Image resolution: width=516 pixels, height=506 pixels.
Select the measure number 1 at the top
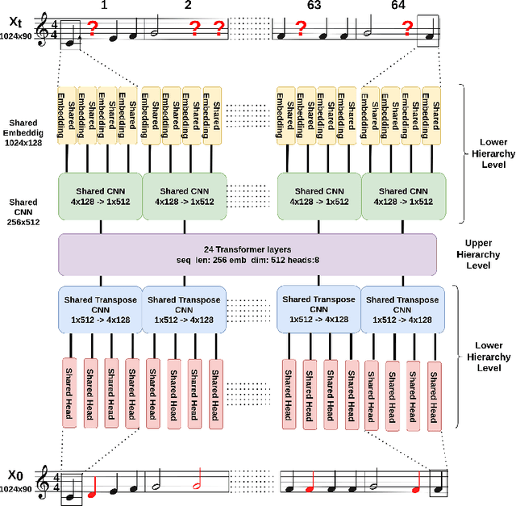pyautogui.click(x=103, y=6)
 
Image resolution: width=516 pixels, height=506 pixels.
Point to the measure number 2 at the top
pyautogui.click(x=188, y=6)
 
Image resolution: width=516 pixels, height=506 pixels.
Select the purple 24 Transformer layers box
pyautogui.click(x=248, y=253)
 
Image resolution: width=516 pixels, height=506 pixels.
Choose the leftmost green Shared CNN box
pyautogui.click(x=100, y=197)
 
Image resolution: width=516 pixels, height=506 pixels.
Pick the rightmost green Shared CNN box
pyautogui.click(x=403, y=197)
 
